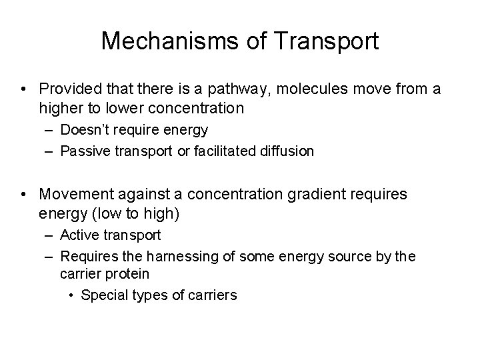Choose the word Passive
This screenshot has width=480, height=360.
point(84,151)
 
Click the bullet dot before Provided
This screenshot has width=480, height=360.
point(24,89)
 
